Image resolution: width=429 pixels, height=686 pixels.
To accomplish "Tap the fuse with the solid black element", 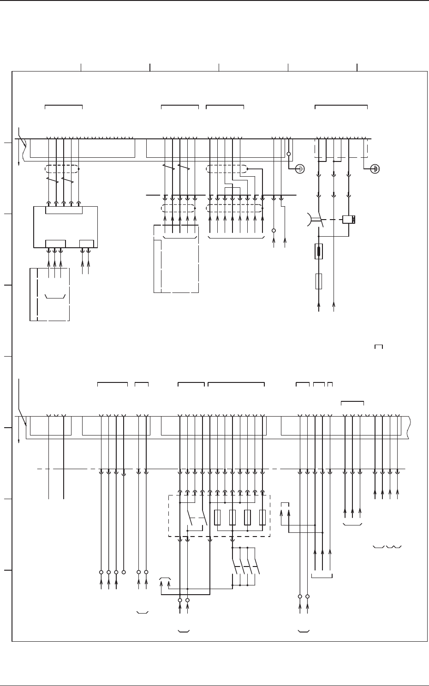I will (x=319, y=251).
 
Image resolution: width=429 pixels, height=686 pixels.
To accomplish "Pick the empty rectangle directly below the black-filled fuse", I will (x=319, y=281).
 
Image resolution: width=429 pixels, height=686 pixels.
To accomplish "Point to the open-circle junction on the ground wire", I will (x=289, y=154).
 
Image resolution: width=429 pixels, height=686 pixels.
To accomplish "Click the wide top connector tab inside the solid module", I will (x=64, y=210).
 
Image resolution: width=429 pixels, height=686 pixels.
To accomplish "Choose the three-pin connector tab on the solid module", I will (x=55, y=244).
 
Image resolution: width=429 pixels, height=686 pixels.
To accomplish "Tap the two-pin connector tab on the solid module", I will (x=86, y=244).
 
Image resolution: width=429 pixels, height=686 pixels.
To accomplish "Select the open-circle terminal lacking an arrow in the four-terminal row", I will (x=124, y=572).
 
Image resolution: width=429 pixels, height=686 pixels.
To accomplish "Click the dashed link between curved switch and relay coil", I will (x=333, y=219).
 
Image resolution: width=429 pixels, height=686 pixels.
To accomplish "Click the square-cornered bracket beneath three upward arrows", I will (x=322, y=576).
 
